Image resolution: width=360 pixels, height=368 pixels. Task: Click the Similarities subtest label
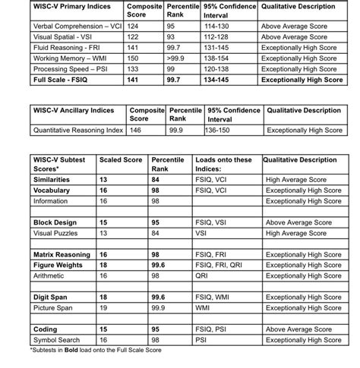click(x=53, y=179)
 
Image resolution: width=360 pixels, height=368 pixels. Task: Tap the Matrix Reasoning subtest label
click(x=62, y=255)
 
